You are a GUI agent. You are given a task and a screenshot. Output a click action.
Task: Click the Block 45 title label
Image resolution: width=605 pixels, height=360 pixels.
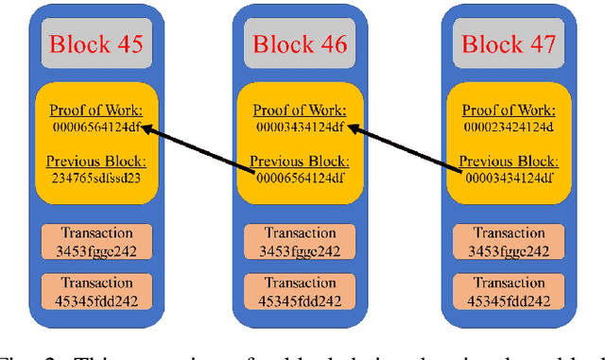89,43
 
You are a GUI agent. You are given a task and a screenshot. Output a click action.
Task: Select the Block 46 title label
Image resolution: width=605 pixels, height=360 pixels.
301,43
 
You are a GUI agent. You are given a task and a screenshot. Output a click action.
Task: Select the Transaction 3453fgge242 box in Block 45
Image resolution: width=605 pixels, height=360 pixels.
90,242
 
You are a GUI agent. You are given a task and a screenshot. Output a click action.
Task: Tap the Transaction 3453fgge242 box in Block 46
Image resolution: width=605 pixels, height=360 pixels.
301,242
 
